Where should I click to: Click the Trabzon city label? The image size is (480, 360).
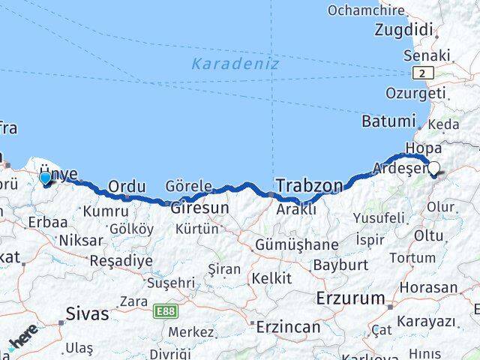point(309,185)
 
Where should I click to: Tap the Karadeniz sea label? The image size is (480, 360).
point(235,64)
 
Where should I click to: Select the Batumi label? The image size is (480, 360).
point(388,121)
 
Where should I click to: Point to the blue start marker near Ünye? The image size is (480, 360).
point(45,178)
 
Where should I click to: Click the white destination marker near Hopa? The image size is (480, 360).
point(433,168)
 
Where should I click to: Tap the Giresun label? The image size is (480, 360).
point(199,208)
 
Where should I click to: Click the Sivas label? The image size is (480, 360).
point(87,313)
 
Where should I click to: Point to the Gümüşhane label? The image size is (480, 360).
point(296,245)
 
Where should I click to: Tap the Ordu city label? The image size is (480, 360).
point(126,187)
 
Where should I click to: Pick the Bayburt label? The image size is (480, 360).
point(340,265)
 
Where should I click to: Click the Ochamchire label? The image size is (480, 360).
point(366,10)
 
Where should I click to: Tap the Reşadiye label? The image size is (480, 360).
point(121,261)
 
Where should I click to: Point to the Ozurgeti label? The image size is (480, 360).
point(415,93)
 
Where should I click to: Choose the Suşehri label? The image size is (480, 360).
point(170,283)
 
